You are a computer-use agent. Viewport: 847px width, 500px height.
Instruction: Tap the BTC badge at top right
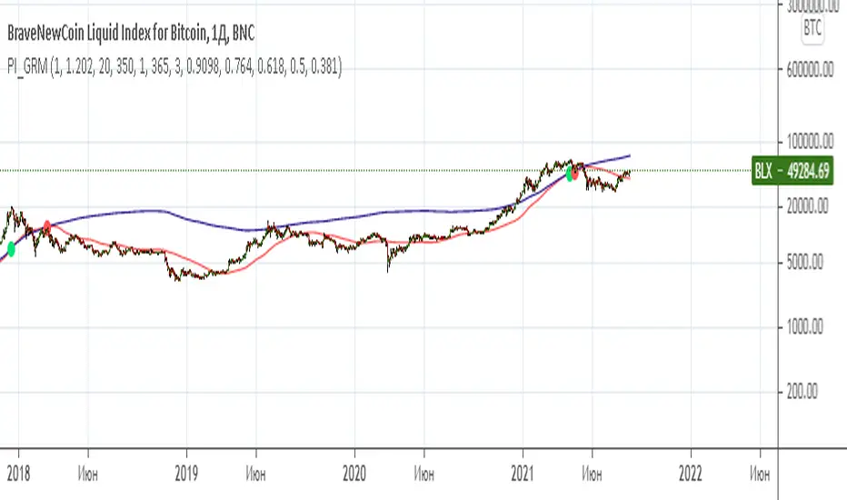coord(813,30)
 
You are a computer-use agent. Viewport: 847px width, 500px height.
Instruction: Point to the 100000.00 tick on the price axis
coord(812,142)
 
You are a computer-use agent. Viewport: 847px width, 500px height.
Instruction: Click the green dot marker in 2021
coord(570,174)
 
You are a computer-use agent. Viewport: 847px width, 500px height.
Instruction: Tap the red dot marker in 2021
coord(575,173)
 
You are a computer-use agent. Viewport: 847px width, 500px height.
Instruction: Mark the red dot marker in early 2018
coord(46,225)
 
